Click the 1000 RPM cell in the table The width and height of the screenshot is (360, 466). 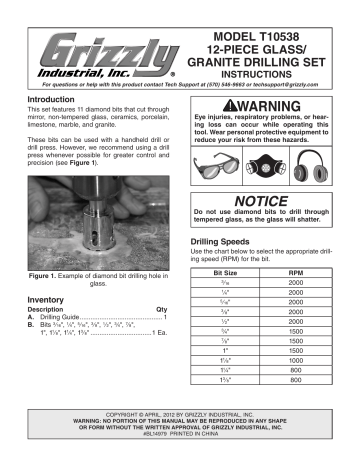click(295, 359)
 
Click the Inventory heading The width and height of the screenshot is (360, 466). click(45, 299)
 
